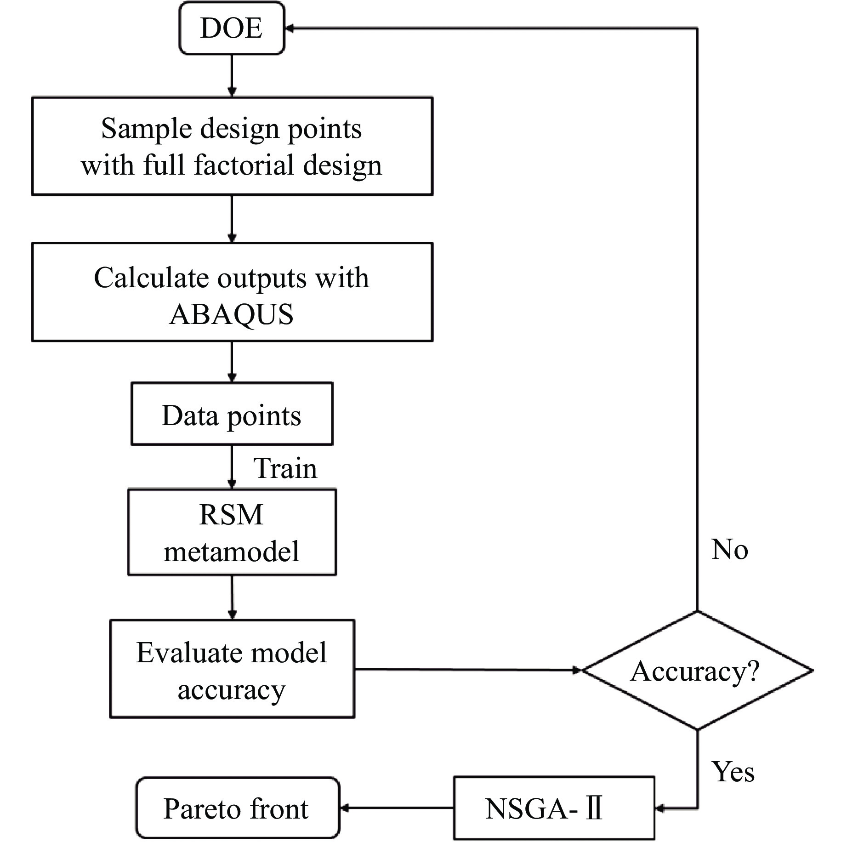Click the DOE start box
pyautogui.click(x=232, y=28)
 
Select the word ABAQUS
pyautogui.click(x=232, y=314)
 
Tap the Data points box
pyautogui.click(x=232, y=414)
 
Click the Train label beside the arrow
pyautogui.click(x=285, y=469)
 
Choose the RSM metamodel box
pyautogui.click(x=232, y=532)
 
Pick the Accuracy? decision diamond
pyautogui.click(x=697, y=671)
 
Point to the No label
pyautogui.click(x=729, y=549)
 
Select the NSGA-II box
pyautogui.click(x=553, y=808)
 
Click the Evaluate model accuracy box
pyautogui.click(x=232, y=669)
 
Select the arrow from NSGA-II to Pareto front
pyautogui.click(x=396, y=808)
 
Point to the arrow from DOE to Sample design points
pyautogui.click(x=232, y=75)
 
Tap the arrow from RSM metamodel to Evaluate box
pyautogui.click(x=232, y=597)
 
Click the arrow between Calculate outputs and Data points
pyautogui.click(x=232, y=361)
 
